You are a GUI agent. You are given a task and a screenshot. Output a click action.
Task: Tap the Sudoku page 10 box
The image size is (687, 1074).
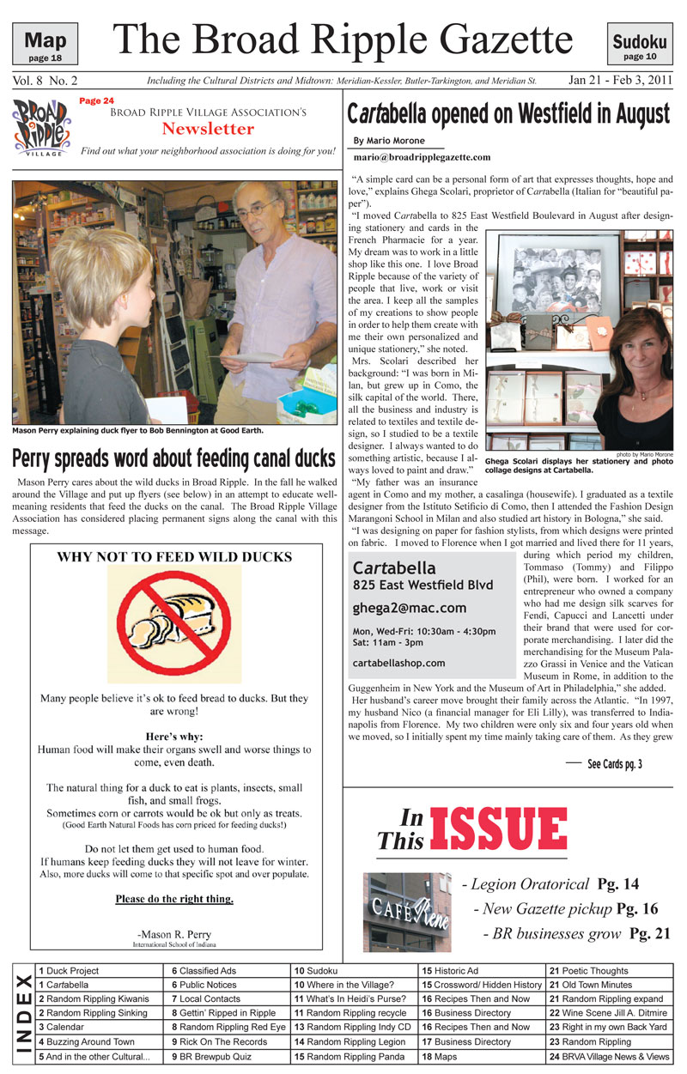click(x=640, y=44)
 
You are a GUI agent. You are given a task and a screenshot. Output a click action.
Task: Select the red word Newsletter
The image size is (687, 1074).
click(x=209, y=130)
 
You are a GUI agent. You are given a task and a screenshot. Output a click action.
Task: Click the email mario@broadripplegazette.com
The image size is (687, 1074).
click(x=422, y=158)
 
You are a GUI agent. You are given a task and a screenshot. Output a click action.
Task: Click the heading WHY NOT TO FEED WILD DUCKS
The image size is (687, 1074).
click(x=174, y=557)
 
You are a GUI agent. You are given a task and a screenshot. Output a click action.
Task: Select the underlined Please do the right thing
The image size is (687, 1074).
click(x=174, y=900)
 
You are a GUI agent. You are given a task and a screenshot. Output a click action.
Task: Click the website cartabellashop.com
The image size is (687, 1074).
click(x=398, y=663)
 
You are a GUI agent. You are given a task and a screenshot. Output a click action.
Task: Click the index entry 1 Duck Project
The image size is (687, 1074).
click(x=68, y=971)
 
